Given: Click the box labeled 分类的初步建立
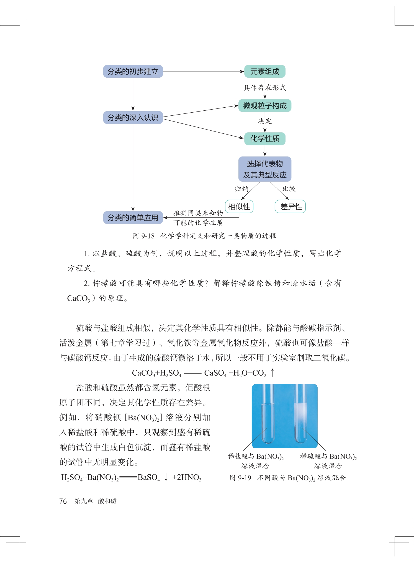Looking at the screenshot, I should click(133, 72).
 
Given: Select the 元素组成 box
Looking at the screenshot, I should click(265, 72).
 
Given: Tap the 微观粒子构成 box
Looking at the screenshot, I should click(265, 106).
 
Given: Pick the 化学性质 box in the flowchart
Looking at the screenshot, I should click(265, 139).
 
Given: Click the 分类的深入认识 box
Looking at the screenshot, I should click(133, 118).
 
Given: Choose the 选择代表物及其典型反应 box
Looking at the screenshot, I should click(265, 169).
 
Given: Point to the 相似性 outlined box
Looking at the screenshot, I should click(239, 207).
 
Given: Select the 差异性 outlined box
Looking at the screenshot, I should click(290, 207).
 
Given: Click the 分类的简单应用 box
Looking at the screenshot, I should click(133, 217).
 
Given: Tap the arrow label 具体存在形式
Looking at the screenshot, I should click(265, 88).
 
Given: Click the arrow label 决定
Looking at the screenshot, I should click(265, 121).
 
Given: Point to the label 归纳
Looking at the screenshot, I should click(241, 189).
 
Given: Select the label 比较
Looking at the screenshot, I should click(289, 189).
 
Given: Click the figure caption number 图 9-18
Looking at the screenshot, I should click(144, 236).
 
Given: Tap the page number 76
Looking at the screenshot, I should click(63, 501).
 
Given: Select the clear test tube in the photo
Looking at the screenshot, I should click(268, 416).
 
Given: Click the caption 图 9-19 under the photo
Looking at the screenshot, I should click(240, 478).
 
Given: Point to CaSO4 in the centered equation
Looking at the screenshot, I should click(215, 373).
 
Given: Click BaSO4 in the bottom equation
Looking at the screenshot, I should click(149, 477).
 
